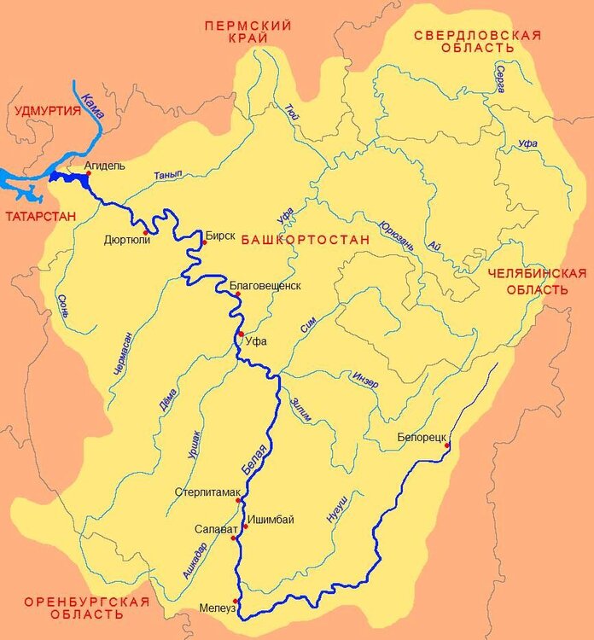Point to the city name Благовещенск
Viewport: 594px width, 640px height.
(x=265, y=285)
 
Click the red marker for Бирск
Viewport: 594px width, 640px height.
(x=203, y=243)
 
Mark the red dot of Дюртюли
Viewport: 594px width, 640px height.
(x=146, y=232)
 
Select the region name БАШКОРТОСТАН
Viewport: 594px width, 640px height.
(x=306, y=241)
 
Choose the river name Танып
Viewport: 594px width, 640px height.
(x=168, y=175)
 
